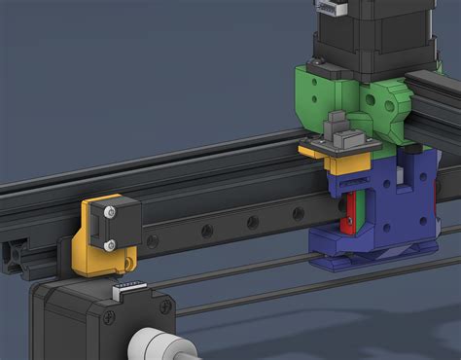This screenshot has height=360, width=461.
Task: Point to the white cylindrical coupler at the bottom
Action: click(157, 346)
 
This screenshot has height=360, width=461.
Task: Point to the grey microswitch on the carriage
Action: click(339, 127)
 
